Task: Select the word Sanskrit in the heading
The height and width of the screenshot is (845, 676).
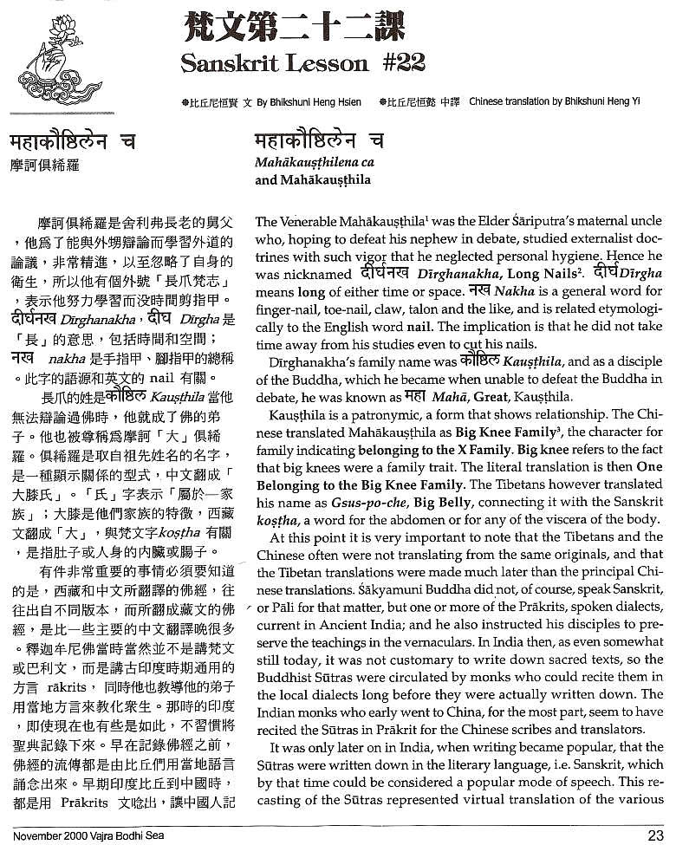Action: [229, 62]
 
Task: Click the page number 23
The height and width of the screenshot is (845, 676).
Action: [655, 835]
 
